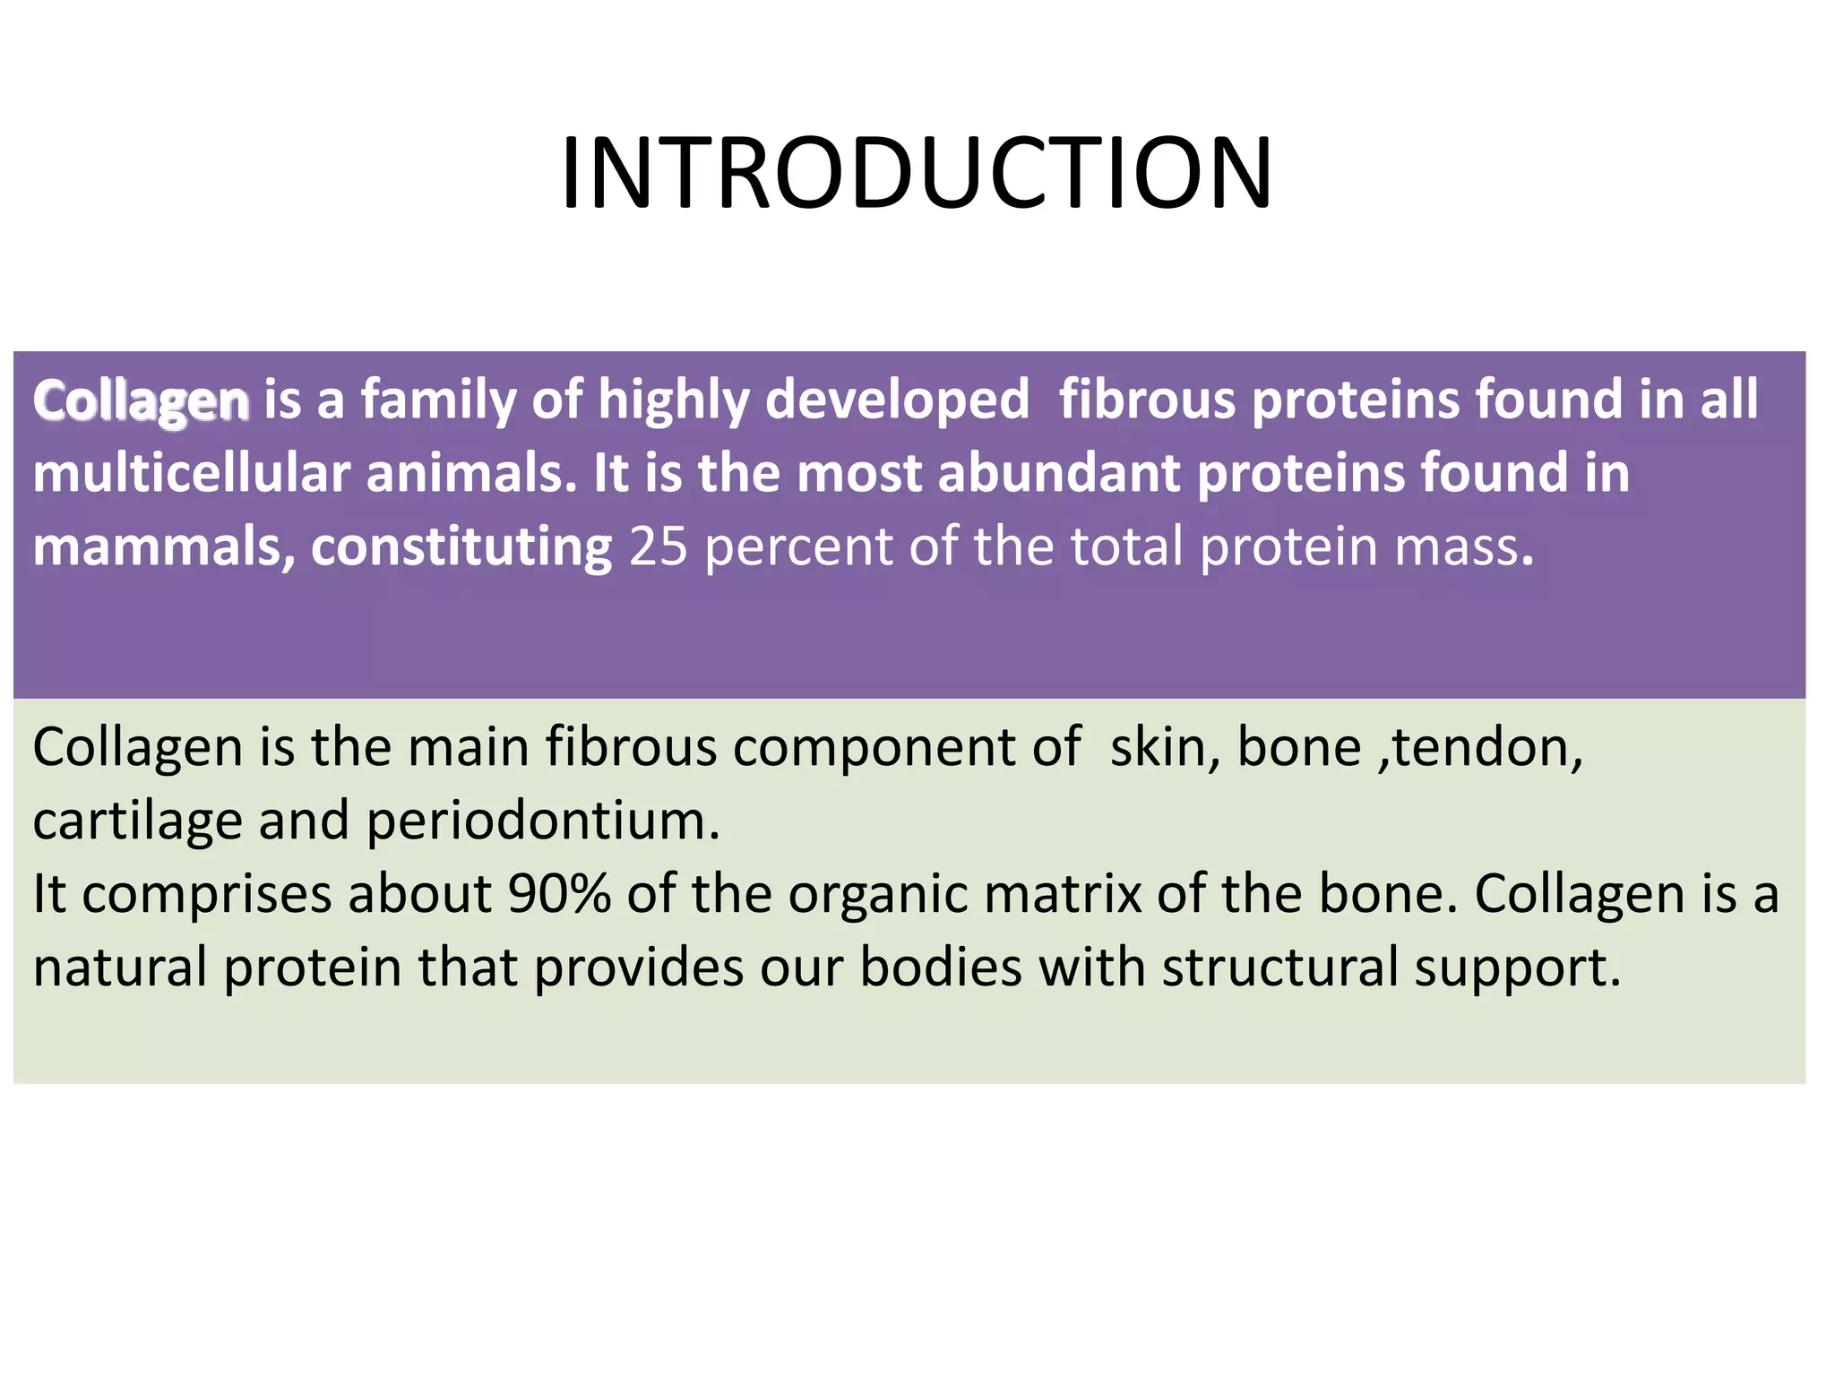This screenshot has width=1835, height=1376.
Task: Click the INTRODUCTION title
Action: (x=916, y=173)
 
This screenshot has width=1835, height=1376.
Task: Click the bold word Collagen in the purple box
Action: (x=141, y=400)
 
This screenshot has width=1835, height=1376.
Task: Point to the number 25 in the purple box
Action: (x=658, y=546)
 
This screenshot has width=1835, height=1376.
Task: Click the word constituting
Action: (x=461, y=546)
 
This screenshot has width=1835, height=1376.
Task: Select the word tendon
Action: (x=1486, y=747)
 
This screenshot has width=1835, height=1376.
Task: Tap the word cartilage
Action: (x=137, y=821)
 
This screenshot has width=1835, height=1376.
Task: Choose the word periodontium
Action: (x=542, y=821)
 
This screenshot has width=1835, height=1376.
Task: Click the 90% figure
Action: (x=559, y=894)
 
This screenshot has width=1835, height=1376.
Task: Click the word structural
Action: (x=1280, y=967)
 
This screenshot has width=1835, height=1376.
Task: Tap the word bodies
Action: (x=941, y=967)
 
